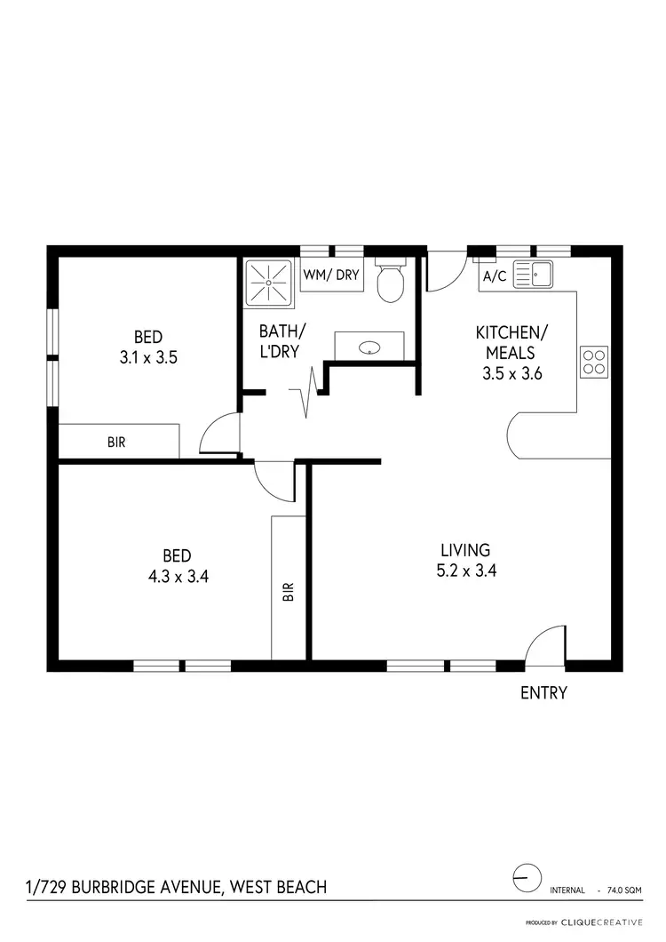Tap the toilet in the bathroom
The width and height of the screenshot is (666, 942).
(390, 281)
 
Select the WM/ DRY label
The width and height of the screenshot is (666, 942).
(331, 275)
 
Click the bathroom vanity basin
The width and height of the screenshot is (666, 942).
(369, 347)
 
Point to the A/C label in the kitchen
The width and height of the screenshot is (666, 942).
(494, 276)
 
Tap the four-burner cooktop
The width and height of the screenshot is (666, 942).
(594, 362)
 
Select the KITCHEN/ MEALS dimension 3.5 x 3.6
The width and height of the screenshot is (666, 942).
(512, 374)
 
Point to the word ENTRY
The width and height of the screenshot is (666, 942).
(543, 693)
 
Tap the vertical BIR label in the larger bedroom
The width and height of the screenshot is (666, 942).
(289, 592)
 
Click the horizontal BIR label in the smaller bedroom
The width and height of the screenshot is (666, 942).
(116, 442)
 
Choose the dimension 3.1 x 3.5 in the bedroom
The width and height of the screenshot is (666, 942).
(148, 358)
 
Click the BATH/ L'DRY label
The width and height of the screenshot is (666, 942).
(278, 340)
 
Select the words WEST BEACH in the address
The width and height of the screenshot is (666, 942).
(278, 886)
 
